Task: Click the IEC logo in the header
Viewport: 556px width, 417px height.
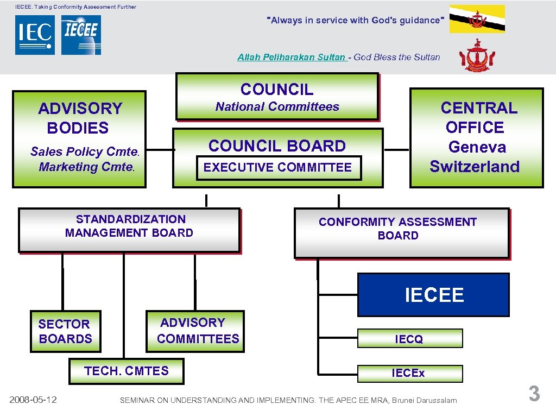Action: click(35, 35)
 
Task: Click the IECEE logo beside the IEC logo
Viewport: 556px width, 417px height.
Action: click(81, 35)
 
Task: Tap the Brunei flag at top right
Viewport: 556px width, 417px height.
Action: click(477, 19)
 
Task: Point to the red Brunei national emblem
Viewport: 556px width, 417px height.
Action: click(477, 56)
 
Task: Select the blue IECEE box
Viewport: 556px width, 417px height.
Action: click(433, 295)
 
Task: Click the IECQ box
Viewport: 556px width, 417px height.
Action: click(409, 339)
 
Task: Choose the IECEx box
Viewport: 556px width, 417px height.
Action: click(409, 373)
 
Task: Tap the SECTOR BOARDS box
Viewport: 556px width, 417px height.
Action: click(65, 331)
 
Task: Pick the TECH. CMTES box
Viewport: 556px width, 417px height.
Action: click(127, 371)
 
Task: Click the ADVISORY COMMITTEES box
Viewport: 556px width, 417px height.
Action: click(196, 331)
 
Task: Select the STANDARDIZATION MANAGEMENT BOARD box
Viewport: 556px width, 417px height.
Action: click(129, 230)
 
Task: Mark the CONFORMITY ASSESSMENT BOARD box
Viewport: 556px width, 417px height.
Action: click(401, 233)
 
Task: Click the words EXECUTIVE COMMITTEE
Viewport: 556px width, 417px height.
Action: click(277, 167)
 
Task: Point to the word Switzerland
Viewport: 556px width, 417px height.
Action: click(475, 167)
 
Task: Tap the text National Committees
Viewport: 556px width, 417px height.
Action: click(277, 107)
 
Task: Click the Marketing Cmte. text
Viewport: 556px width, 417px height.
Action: click(86, 167)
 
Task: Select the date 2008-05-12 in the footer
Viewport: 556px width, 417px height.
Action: click(34, 400)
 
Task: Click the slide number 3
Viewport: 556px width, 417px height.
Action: click(534, 394)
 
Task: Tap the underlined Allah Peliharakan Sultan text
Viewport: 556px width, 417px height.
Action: click(292, 57)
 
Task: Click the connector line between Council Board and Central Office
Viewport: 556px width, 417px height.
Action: click(396, 149)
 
